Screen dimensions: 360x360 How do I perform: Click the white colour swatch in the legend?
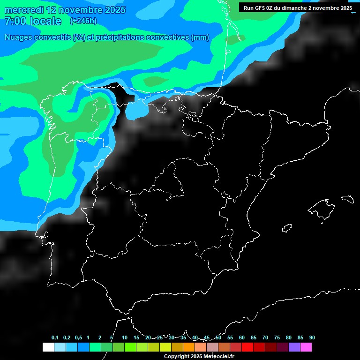[48, 347]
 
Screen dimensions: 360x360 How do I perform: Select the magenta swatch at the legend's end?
[306, 347]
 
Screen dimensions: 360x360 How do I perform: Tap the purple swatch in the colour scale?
[294, 347]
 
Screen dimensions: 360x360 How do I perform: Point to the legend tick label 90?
[312, 337]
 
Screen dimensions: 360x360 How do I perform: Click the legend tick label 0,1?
[55, 337]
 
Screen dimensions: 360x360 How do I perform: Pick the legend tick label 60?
[242, 337]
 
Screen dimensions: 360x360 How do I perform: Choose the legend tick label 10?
[125, 337]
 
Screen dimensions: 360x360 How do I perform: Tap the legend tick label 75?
[277, 337]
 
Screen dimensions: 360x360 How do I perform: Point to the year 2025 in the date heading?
[112, 10]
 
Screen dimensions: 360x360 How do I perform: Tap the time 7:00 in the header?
[14, 21]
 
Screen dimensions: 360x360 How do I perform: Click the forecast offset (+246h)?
[83, 21]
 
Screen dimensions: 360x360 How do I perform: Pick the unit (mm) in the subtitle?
[200, 37]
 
